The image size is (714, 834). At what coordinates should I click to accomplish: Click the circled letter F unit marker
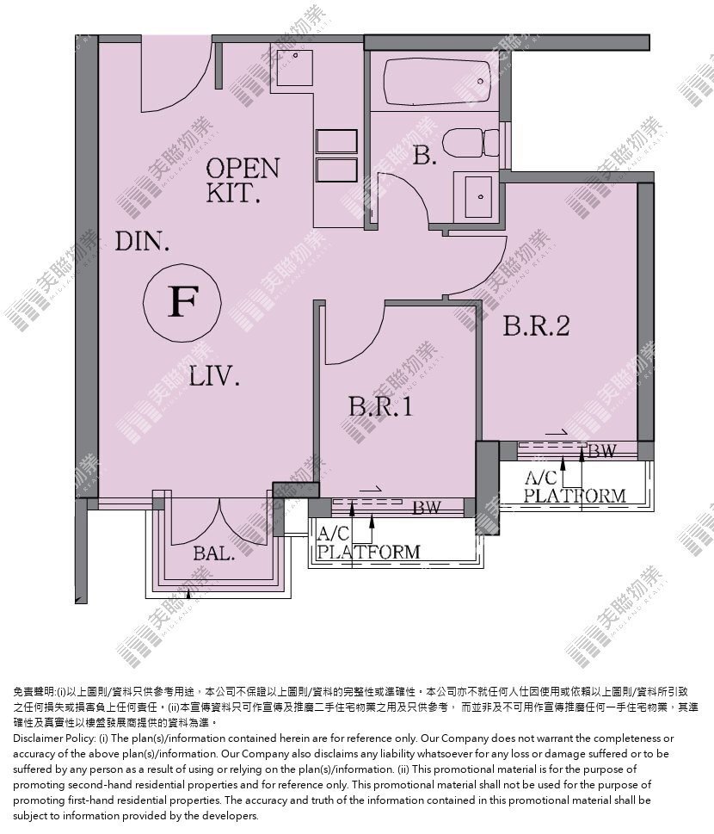183,302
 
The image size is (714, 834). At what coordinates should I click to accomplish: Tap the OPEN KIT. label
242,180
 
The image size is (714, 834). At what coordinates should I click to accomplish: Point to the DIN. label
143,242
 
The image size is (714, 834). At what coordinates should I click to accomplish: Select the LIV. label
214,377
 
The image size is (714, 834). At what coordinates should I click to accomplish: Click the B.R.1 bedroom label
381,407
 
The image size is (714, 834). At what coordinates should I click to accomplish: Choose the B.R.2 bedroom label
537,325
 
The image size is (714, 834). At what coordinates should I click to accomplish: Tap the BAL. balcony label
213,553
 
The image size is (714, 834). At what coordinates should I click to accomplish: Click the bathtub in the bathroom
436,82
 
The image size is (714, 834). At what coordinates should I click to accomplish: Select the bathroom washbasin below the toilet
478,196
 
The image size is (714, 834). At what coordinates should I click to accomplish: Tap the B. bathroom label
424,155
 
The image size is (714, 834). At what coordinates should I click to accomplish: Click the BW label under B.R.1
427,508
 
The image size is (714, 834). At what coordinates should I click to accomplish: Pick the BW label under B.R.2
602,451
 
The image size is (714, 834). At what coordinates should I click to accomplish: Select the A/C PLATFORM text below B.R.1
368,542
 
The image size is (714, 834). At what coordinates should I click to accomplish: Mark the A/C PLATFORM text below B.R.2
575,486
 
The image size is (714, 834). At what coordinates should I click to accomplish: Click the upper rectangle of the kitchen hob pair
336,142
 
